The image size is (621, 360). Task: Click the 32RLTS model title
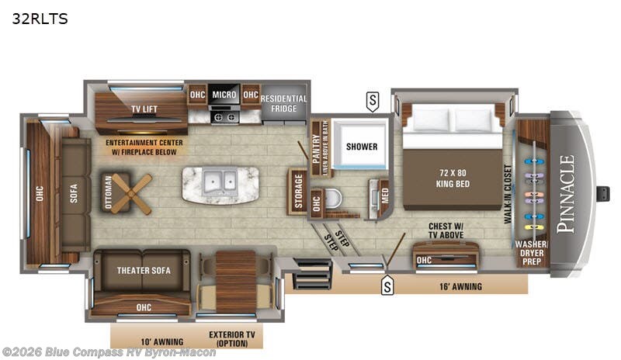(40, 19)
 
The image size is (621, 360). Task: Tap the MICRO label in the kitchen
(224, 95)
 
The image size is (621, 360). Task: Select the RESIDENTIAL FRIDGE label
(283, 104)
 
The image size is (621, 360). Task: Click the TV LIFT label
(144, 109)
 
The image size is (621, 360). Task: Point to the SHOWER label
(362, 146)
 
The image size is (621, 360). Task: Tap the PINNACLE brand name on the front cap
(567, 195)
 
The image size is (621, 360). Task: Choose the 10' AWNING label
(163, 341)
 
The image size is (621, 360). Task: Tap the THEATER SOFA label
(144, 270)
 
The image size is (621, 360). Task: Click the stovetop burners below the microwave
(224, 118)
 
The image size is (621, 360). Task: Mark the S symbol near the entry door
(387, 286)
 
